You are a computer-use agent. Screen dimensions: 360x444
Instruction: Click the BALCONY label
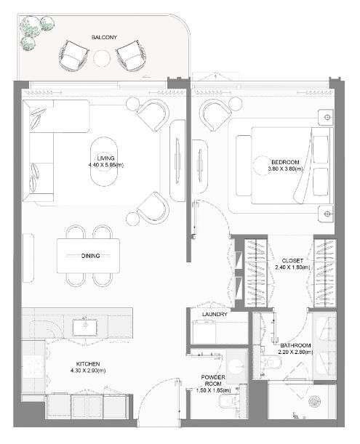104,37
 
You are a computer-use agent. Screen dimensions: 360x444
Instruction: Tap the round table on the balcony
102,58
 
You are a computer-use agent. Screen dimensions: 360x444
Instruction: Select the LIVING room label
105,158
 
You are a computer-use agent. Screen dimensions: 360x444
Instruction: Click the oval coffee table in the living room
104,161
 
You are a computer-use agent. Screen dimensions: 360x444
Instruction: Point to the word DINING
91,256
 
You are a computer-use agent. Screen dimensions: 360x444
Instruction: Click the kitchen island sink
85,327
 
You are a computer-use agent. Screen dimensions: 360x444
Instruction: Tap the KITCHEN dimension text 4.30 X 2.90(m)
88,371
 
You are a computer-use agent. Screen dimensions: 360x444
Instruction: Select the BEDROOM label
285,162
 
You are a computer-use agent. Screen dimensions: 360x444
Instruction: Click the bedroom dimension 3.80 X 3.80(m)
285,169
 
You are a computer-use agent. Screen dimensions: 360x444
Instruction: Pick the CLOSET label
292,260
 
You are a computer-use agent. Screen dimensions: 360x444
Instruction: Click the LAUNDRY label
215,315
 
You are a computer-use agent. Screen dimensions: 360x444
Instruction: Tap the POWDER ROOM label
213,381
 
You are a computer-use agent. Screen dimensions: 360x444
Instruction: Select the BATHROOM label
295,345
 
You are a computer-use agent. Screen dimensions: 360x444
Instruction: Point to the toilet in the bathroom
271,361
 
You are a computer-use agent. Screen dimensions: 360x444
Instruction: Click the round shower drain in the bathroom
315,401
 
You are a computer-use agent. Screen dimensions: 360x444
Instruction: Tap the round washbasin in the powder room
236,366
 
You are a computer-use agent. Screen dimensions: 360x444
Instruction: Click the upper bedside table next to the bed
326,117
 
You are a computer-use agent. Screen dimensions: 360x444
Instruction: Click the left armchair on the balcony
73,55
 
